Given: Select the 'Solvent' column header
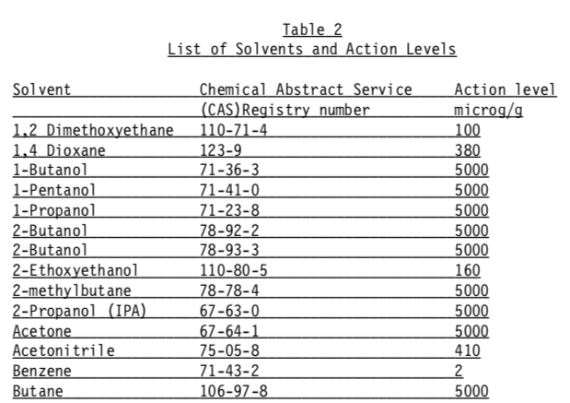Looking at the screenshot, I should point(42,90).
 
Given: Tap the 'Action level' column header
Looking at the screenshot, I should point(505,90).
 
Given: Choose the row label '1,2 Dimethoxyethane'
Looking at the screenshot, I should point(93,129).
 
